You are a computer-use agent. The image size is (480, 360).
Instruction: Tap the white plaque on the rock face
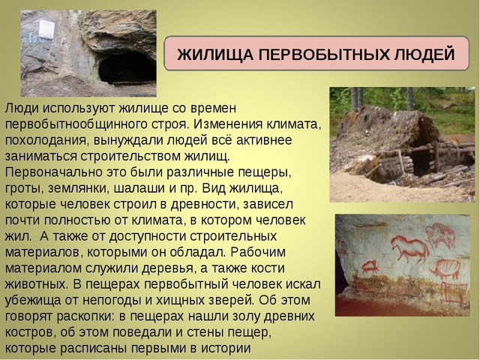coord(46,30)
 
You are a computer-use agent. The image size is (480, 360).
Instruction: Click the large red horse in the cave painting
coord(410,247)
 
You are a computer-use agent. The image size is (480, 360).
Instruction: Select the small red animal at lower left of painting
coord(370,266)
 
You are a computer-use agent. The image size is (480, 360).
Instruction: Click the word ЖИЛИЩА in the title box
coord(206,55)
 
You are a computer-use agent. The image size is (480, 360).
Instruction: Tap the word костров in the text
coord(34,331)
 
